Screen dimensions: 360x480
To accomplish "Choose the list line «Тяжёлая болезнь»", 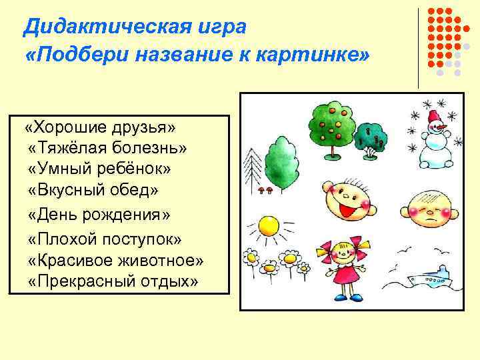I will click(x=109, y=147).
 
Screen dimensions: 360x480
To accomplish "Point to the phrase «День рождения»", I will click(x=100, y=215).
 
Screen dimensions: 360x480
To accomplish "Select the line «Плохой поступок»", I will click(x=105, y=238).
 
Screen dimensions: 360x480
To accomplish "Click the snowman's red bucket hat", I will click(x=435, y=117).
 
